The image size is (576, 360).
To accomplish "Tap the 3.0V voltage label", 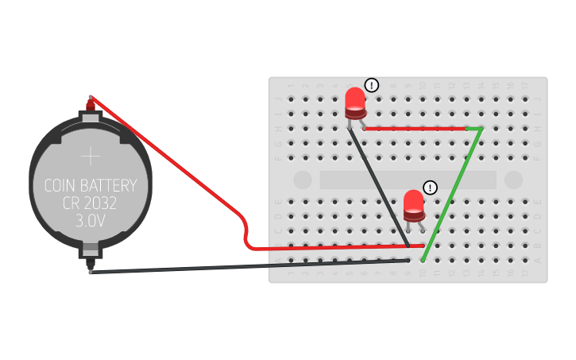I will (91, 221).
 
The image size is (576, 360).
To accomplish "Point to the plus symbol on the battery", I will (91, 154).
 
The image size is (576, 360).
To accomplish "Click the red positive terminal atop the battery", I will (91, 103).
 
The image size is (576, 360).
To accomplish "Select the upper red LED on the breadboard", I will (355, 103).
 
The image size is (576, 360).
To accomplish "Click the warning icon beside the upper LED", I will (372, 85).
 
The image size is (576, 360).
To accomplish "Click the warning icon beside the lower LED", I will (430, 188).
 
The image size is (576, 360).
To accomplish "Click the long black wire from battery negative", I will (238, 265).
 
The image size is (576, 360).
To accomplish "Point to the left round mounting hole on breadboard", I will (303, 180).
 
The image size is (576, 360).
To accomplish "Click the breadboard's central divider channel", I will (408, 180).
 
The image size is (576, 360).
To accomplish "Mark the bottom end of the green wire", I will (423, 259).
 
